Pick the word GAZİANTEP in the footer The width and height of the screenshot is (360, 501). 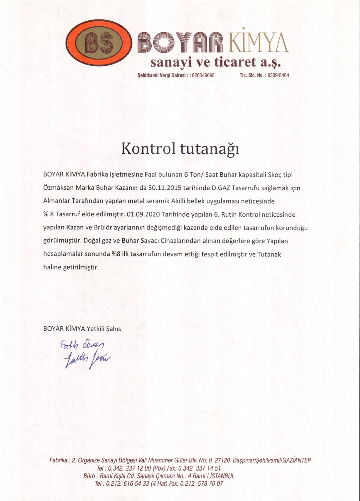(296, 460)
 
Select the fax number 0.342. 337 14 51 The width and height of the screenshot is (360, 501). (200, 468)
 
